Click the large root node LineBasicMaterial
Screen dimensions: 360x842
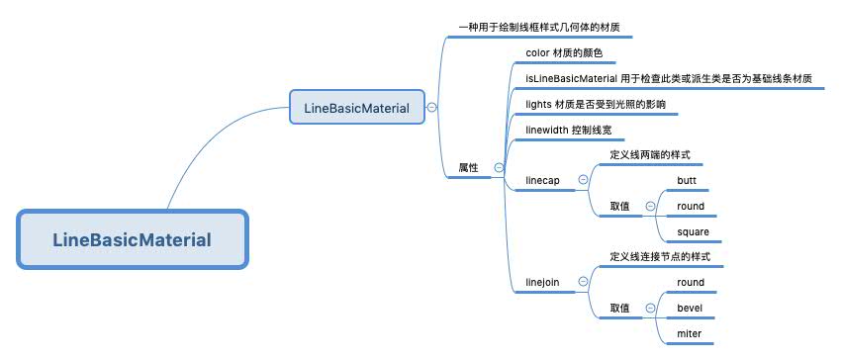pyautogui.click(x=132, y=239)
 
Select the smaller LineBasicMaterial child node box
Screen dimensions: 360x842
pyautogui.click(x=357, y=107)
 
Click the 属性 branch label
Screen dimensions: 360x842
pyautogui.click(x=468, y=168)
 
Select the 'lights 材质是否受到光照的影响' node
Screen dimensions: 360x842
pyautogui.click(x=596, y=104)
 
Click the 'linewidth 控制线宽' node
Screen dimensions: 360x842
pyautogui.click(x=575, y=130)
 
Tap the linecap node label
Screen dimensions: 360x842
pyautogui.click(x=543, y=180)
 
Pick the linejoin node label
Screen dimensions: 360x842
pyautogui.click(x=542, y=282)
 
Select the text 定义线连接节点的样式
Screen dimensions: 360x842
pyautogui.click(x=660, y=257)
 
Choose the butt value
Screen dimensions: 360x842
pyautogui.click(x=687, y=180)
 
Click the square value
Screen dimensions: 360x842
pyautogui.click(x=693, y=231)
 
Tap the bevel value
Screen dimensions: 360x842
pyautogui.click(x=690, y=308)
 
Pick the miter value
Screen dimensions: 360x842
pyautogui.click(x=689, y=333)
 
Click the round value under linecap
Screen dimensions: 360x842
pyautogui.click(x=691, y=206)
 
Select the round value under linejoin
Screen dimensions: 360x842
pyautogui.click(x=691, y=282)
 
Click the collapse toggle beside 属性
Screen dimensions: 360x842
pyautogui.click(x=498, y=168)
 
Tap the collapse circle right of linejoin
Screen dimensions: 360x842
pyautogui.click(x=582, y=282)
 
